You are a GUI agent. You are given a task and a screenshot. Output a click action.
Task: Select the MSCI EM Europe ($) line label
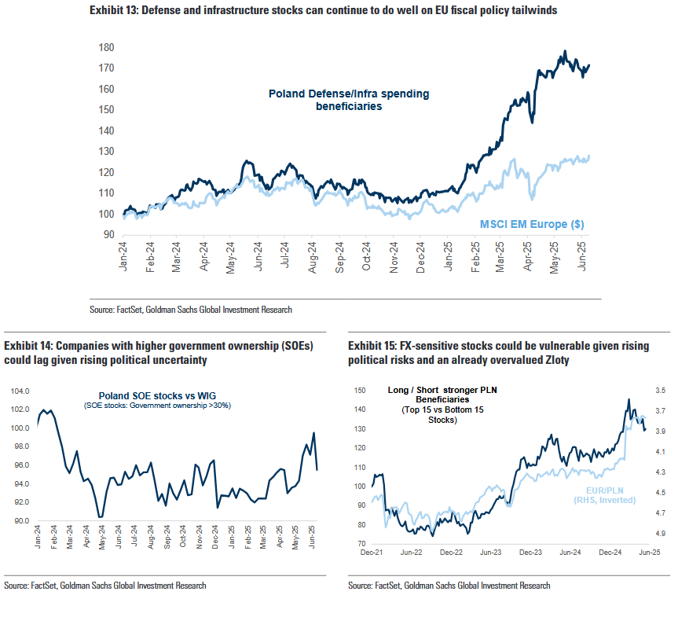531,225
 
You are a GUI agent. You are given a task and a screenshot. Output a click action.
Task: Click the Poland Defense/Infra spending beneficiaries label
349,100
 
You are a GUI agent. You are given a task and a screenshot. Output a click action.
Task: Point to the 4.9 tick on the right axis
661,534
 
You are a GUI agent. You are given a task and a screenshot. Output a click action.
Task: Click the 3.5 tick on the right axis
661,391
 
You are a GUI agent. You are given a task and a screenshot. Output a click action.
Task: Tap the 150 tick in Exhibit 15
361,391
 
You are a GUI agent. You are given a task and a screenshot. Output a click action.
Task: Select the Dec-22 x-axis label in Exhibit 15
452,553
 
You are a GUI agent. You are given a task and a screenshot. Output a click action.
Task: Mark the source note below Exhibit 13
191,310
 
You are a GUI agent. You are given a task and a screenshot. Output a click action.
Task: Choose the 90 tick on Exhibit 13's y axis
110,234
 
